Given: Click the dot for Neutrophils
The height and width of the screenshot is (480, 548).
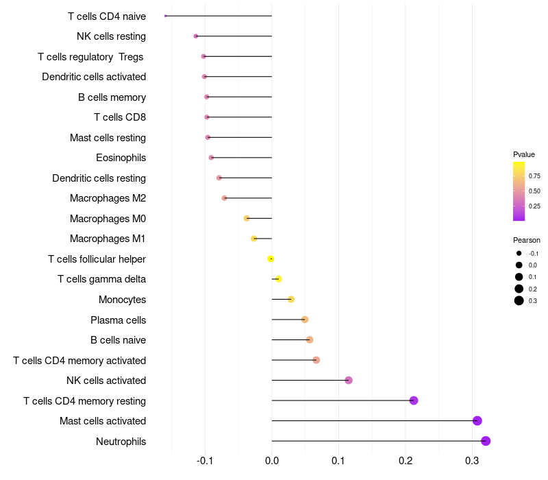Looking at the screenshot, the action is [486, 441].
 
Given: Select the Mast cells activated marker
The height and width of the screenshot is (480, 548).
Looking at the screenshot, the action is [477, 420].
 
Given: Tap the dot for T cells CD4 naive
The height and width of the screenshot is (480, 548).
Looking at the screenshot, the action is [165, 16].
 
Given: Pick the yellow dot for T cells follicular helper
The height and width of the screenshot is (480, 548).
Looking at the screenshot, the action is [271, 259].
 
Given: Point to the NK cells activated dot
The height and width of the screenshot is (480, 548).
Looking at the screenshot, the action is [349, 381].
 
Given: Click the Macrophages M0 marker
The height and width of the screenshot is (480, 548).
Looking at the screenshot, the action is [247, 218].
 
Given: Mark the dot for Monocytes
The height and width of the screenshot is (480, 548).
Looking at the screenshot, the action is [291, 299].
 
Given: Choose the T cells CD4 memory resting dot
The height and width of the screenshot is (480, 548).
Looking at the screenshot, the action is [414, 400].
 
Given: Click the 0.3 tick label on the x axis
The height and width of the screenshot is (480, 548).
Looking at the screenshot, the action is [472, 460].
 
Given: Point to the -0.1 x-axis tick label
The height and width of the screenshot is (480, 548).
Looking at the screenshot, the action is [205, 460].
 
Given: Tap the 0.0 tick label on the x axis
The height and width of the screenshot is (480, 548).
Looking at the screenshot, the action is [271, 460].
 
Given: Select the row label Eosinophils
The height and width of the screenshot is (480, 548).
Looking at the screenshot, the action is [121, 158].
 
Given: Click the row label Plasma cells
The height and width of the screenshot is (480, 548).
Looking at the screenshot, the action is [118, 320].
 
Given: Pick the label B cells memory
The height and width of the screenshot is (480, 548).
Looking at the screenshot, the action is [112, 97].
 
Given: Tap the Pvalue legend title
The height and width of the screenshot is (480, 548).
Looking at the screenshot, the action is [524, 154].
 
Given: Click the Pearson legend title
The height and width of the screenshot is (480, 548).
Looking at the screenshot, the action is [527, 240].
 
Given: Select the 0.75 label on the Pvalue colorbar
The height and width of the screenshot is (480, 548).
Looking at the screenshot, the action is [534, 176].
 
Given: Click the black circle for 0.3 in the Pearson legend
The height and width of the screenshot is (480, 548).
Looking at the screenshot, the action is [519, 300].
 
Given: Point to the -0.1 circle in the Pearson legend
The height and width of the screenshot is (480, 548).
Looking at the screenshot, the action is [519, 253].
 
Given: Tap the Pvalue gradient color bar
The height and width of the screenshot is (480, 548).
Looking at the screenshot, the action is [519, 191].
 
